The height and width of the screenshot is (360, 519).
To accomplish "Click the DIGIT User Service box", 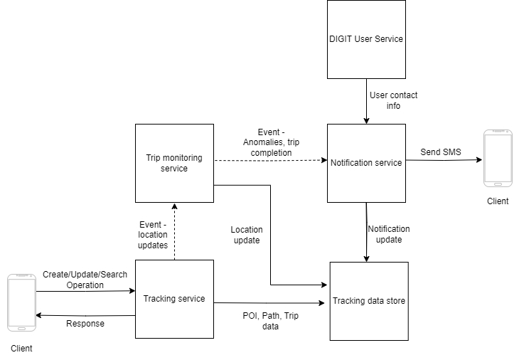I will (366, 39).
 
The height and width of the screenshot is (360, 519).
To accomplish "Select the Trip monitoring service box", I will (174, 164).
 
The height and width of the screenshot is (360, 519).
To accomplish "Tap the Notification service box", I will (366, 163).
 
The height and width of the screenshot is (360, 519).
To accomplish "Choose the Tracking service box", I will (174, 298).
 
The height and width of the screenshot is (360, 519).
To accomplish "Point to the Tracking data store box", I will (369, 301).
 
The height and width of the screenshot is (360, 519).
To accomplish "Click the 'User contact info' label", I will (393, 100).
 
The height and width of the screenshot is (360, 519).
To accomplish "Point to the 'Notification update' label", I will (389, 234).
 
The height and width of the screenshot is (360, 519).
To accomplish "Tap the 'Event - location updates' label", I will (153, 235).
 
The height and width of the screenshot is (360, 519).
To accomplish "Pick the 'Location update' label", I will (247, 235).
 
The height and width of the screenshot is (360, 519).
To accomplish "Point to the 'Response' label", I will (85, 324).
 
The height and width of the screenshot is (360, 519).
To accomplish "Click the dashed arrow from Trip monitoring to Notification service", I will (270, 161).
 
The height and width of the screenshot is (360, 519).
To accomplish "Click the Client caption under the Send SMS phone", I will (498, 201).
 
